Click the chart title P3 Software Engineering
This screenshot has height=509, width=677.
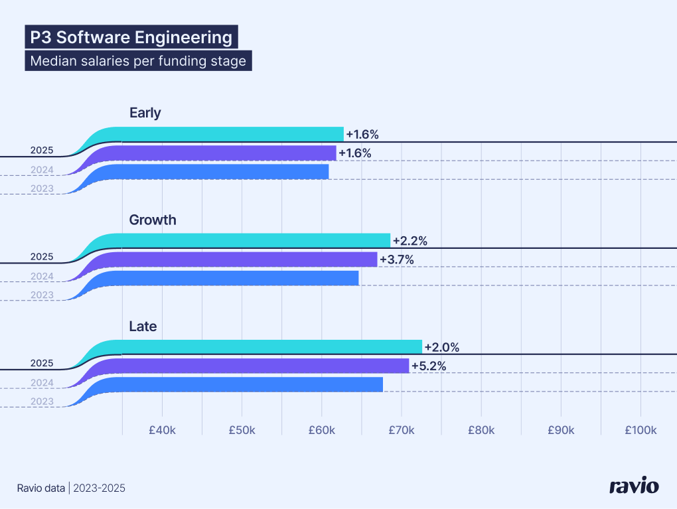point(131,37)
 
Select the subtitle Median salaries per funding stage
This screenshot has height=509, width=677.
point(138,62)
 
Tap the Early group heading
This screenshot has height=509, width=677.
point(145,113)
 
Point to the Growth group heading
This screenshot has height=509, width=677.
point(153,220)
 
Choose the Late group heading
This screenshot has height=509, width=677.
point(143,327)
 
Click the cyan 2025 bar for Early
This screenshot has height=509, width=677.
point(232,134)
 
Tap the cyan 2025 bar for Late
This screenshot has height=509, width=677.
point(265,347)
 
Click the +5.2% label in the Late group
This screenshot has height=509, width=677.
point(428,366)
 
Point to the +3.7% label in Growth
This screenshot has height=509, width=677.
point(396,259)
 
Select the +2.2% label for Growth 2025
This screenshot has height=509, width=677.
point(410,241)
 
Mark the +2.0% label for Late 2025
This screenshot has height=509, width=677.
point(442,347)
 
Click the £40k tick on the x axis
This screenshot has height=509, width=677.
point(162,430)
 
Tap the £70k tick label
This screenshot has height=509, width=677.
point(401,430)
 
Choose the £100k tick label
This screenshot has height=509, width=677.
point(640,430)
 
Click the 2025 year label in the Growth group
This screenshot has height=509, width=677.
point(42,257)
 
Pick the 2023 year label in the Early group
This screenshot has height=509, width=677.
point(42,189)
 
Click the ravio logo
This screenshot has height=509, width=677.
point(634,486)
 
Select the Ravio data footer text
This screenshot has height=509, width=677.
point(42,488)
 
